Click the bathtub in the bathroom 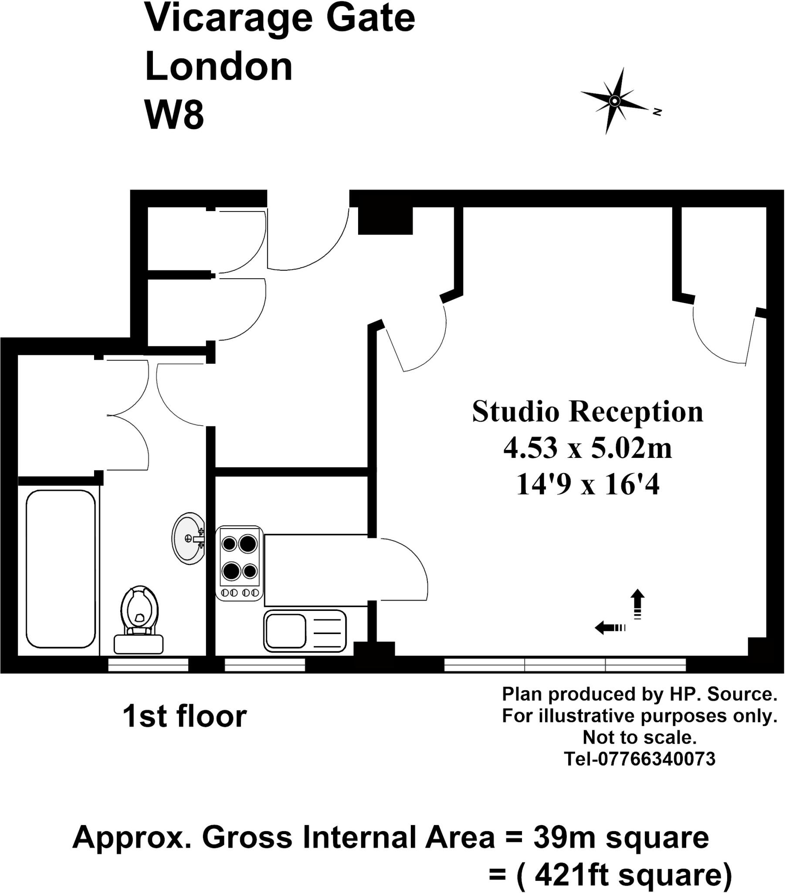tap(61, 569)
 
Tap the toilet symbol tap(139, 620)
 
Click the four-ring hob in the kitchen tap(239, 563)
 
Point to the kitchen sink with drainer tap(305, 631)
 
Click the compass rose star tap(614, 101)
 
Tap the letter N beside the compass tap(657, 112)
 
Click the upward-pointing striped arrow tap(637, 604)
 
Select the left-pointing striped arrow tap(610, 628)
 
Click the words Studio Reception tap(587, 412)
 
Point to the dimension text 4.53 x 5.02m tap(587, 448)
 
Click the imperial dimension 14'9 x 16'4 tap(587, 484)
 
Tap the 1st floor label tap(184, 716)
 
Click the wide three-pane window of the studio tap(565, 665)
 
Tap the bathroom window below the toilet tap(148, 665)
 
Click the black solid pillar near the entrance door tap(385, 221)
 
